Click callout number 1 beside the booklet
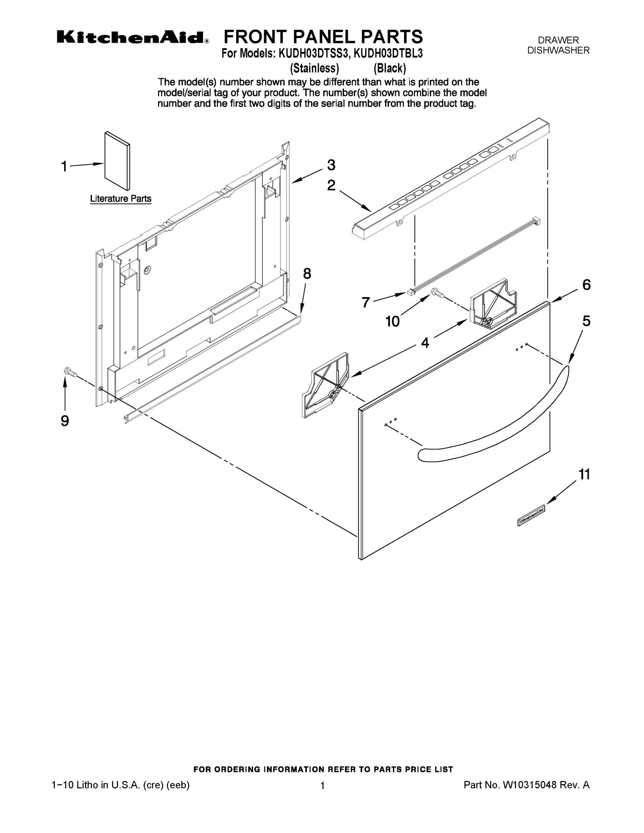tap(65, 166)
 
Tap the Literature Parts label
tap(120, 199)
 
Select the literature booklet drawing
tap(117, 161)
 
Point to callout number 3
tap(331, 165)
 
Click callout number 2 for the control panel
tap(331, 185)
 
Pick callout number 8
tap(307, 274)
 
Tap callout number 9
tap(65, 421)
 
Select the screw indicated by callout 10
tap(436, 293)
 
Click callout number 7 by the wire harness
tap(366, 302)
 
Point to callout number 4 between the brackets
tap(425, 343)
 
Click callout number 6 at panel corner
tap(586, 285)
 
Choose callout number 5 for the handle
tap(586, 321)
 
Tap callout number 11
tap(584, 474)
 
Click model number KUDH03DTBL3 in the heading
tap(388, 53)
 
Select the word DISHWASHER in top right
tap(558, 50)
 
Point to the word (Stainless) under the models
tap(315, 68)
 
